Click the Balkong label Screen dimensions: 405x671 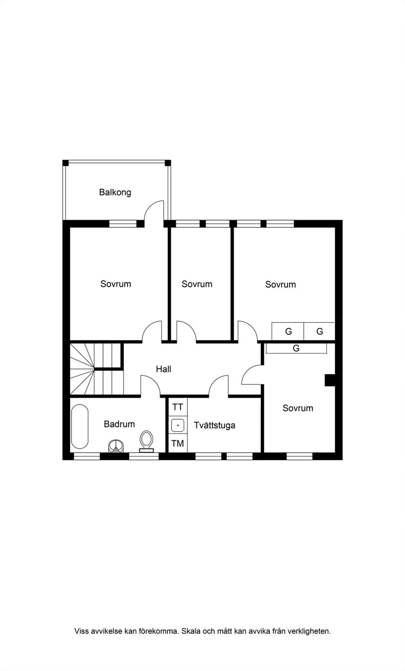pyautogui.click(x=115, y=192)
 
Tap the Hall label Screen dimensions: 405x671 pyautogui.click(x=163, y=369)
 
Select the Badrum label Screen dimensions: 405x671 pyautogui.click(x=119, y=424)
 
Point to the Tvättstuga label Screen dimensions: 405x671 pyautogui.click(x=214, y=425)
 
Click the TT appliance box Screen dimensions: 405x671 pyautogui.click(x=178, y=407)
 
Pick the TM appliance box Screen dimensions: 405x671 pyautogui.click(x=178, y=443)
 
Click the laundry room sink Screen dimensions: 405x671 pyautogui.click(x=178, y=425)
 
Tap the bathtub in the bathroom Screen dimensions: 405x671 pyautogui.click(x=80, y=427)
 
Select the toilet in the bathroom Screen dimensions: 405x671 pyautogui.click(x=146, y=441)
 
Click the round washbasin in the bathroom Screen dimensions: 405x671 pyautogui.click(x=116, y=446)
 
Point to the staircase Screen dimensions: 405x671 pyautogui.click(x=96, y=369)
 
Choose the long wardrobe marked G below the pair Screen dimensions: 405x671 pyautogui.click(x=296, y=349)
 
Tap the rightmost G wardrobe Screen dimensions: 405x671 pyautogui.click(x=319, y=331)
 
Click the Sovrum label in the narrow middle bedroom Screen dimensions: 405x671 pyautogui.click(x=197, y=284)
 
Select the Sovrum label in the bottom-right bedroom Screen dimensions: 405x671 pyautogui.click(x=298, y=408)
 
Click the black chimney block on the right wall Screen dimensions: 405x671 pyautogui.click(x=331, y=380)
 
